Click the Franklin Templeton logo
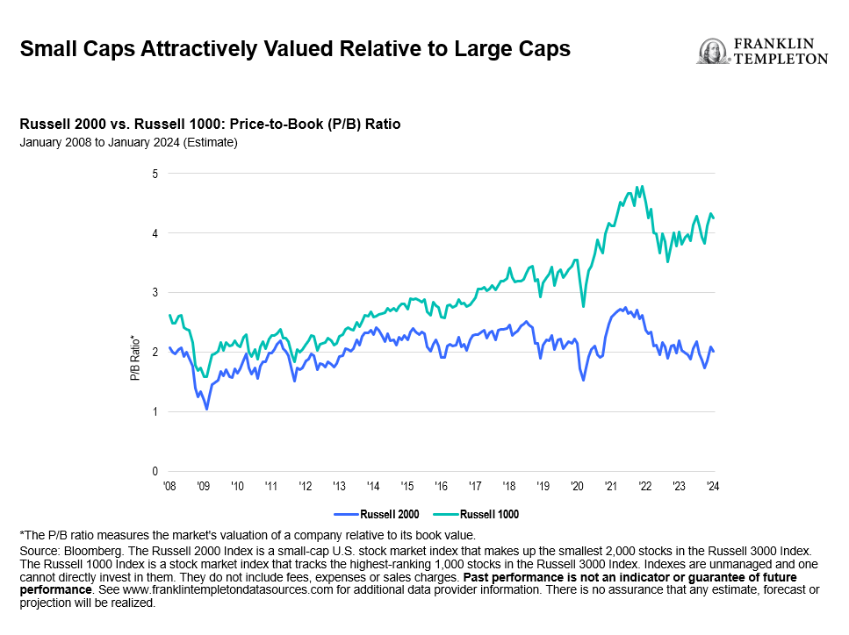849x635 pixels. [x=761, y=51]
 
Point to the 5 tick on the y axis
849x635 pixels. [x=155, y=174]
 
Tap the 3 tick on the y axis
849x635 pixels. [x=155, y=292]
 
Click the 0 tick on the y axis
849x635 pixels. [x=155, y=471]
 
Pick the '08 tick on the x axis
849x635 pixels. [x=169, y=485]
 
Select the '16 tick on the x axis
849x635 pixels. [x=441, y=485]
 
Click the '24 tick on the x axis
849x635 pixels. [x=712, y=485]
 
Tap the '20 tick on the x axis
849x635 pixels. [x=577, y=485]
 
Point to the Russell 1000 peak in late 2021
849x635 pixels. [x=643, y=186]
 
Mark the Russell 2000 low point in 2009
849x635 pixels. [x=206, y=409]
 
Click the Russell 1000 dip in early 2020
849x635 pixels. [x=584, y=306]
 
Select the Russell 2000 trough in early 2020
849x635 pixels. [x=584, y=380]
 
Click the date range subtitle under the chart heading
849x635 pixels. [x=128, y=142]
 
